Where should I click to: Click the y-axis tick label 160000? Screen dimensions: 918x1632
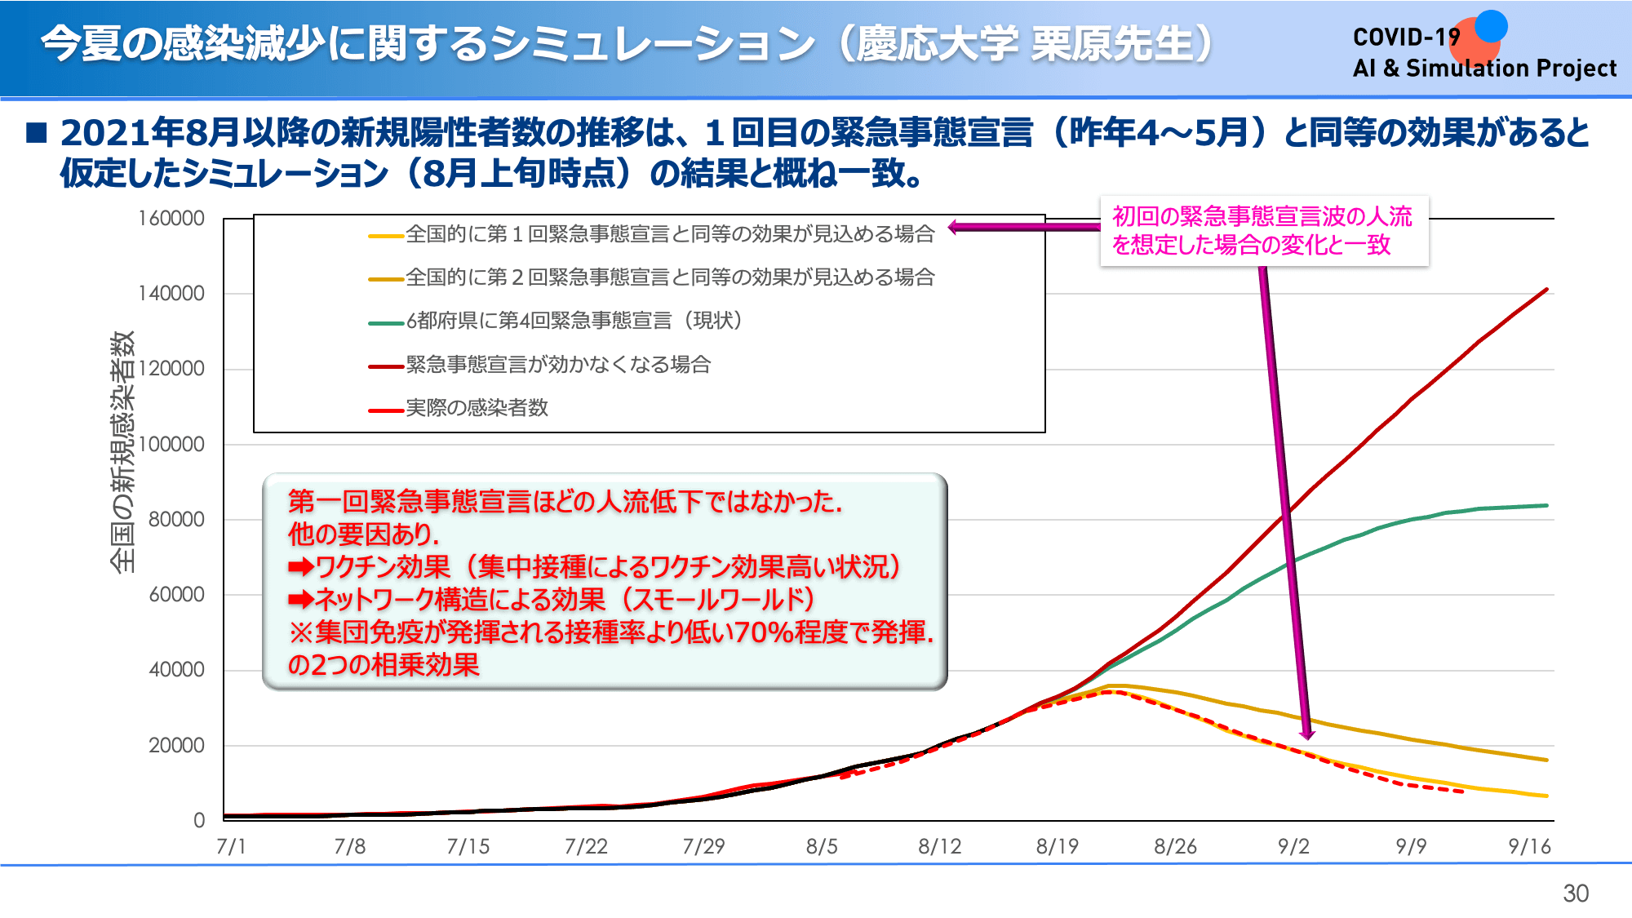(x=171, y=219)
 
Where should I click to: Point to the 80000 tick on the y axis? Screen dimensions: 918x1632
(x=176, y=520)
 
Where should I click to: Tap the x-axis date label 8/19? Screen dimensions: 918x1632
(x=1057, y=847)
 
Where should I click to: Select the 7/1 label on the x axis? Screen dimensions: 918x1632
(x=231, y=847)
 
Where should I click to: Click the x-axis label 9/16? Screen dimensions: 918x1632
(x=1528, y=847)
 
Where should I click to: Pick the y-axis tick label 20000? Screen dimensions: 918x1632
(x=176, y=746)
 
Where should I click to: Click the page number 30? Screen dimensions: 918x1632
(x=1575, y=894)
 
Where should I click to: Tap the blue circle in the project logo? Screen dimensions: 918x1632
(x=1491, y=26)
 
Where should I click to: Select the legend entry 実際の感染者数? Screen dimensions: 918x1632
(x=477, y=408)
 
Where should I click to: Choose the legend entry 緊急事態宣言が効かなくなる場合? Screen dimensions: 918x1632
(x=558, y=365)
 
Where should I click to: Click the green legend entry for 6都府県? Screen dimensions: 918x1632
(x=574, y=321)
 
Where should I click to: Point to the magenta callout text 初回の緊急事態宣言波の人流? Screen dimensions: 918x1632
(x=1262, y=216)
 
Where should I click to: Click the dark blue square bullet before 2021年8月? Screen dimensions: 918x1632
(x=37, y=132)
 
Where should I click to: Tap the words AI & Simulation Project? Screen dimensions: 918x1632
(x=1484, y=69)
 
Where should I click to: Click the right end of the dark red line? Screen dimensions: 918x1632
(x=1546, y=290)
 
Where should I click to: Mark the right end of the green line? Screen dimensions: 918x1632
(x=1546, y=506)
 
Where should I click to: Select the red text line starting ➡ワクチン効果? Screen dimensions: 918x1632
(x=594, y=566)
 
